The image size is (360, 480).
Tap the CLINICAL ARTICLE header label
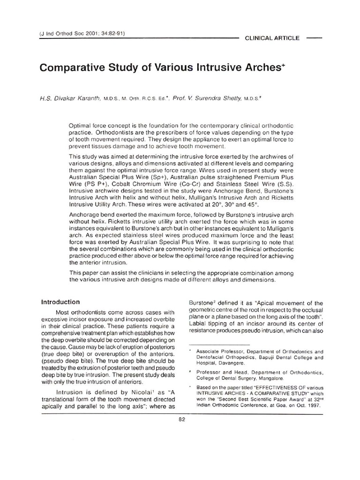point(272,37)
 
